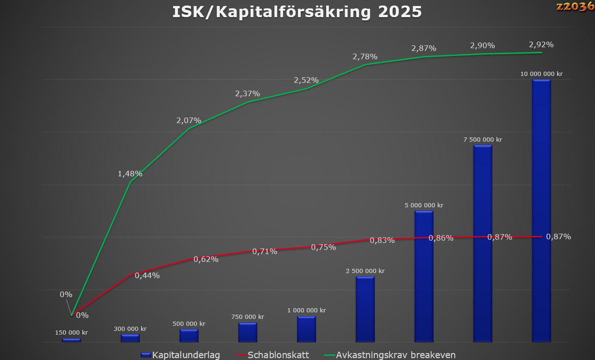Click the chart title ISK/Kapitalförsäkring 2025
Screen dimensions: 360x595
(x=297, y=12)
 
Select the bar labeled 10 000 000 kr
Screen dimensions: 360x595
(x=541, y=211)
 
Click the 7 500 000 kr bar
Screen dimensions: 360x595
(x=483, y=243)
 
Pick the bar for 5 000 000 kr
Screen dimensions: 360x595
(x=424, y=276)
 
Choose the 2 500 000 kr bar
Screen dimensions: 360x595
(x=365, y=309)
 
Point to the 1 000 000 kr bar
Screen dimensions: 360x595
(x=306, y=329)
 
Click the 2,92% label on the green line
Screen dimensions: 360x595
(x=541, y=45)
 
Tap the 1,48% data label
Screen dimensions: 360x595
(x=130, y=174)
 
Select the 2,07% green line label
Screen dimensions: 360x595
(x=189, y=121)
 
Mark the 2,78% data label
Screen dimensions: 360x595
(x=365, y=57)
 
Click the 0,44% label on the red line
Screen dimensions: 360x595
(x=147, y=276)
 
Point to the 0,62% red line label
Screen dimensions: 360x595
(x=206, y=259)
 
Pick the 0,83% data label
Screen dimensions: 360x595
(x=382, y=241)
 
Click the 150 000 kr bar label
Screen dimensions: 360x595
(x=72, y=333)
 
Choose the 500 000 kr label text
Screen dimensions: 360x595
(x=189, y=324)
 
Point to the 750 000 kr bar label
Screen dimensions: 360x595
(x=248, y=317)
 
